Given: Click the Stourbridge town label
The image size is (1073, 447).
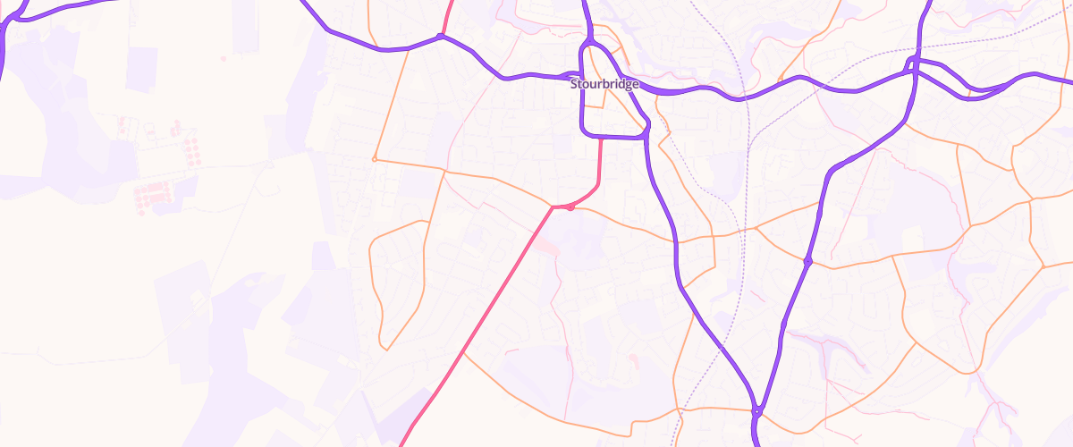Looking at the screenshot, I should (604, 84).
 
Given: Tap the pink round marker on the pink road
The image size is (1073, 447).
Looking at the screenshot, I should (570, 207).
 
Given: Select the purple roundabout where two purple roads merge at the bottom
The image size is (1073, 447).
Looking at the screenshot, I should (756, 411).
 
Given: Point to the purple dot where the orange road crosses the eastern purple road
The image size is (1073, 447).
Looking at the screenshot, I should (807, 261).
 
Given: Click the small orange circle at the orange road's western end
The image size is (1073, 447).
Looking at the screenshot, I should (374, 159).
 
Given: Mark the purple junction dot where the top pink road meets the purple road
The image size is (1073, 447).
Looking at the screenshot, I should (440, 36).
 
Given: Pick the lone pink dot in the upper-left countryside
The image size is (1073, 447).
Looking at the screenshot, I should (222, 59).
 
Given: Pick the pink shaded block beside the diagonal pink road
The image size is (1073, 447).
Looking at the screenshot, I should (547, 246).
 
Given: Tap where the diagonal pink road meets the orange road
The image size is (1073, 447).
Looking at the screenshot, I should (552, 207).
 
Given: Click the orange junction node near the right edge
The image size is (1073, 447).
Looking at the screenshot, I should (1043, 266).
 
